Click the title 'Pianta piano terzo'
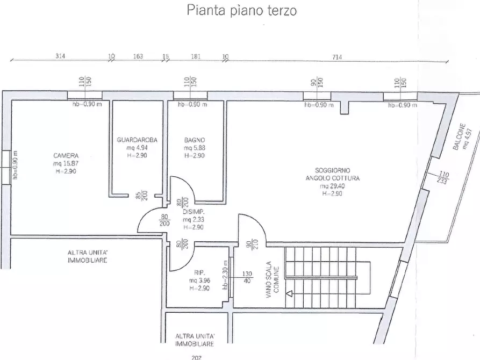(x=241, y=10)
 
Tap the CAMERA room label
(x=66, y=156)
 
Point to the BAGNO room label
(x=194, y=140)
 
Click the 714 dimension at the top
(x=337, y=56)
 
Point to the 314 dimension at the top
(x=60, y=56)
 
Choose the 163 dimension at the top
(x=138, y=56)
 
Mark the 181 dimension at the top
(x=196, y=56)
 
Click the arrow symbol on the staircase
(x=289, y=293)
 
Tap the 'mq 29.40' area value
(x=332, y=186)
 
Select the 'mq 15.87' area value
(x=66, y=163)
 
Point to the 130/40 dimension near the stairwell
(x=247, y=277)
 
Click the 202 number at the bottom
(x=197, y=356)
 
